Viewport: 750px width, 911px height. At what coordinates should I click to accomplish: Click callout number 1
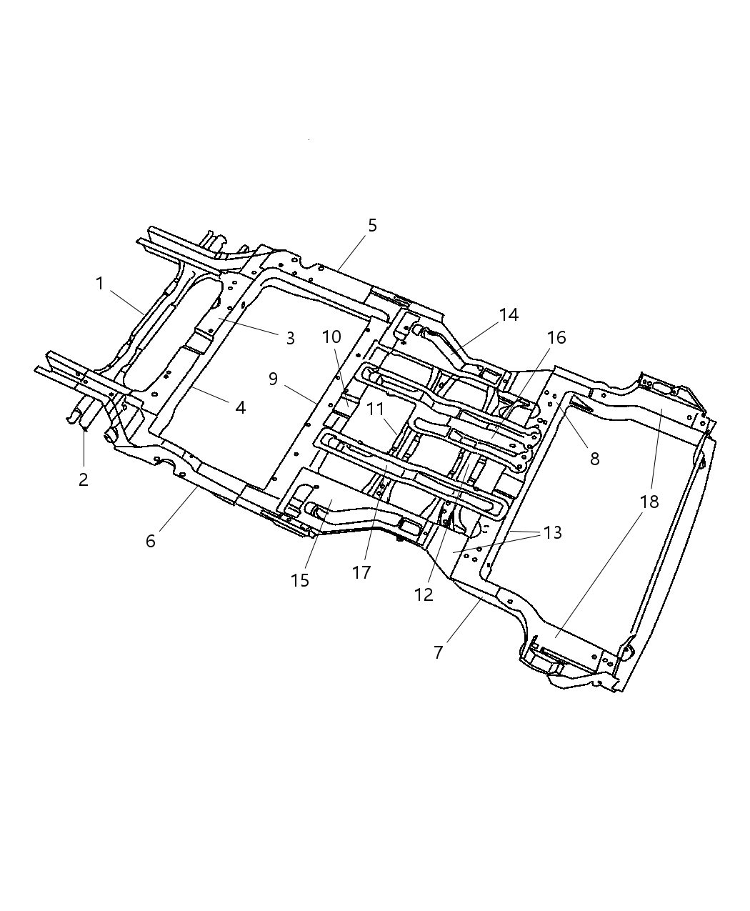(100, 284)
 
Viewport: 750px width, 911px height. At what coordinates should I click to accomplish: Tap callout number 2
(84, 479)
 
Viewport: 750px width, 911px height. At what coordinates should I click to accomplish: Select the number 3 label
(290, 338)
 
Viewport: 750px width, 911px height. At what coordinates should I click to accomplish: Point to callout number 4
(240, 407)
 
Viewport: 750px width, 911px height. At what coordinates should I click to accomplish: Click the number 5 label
(372, 225)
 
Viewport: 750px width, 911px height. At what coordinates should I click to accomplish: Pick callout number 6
(150, 541)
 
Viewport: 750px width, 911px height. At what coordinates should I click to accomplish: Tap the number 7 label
(438, 652)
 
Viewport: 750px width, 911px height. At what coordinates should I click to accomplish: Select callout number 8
(594, 459)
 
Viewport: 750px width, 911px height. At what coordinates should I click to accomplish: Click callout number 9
(273, 379)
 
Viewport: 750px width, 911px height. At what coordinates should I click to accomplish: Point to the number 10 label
(331, 337)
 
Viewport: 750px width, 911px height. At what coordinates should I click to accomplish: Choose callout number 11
(376, 409)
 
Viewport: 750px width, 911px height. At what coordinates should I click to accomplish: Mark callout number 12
(424, 594)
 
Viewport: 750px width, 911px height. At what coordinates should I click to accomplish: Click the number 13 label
(552, 532)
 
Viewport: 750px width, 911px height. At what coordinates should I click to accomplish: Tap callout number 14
(509, 314)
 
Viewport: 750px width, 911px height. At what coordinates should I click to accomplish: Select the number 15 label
(300, 580)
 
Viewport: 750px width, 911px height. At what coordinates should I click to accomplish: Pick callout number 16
(556, 337)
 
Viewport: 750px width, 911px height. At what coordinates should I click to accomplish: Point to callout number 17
(362, 572)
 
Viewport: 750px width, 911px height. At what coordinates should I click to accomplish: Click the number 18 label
(649, 502)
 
